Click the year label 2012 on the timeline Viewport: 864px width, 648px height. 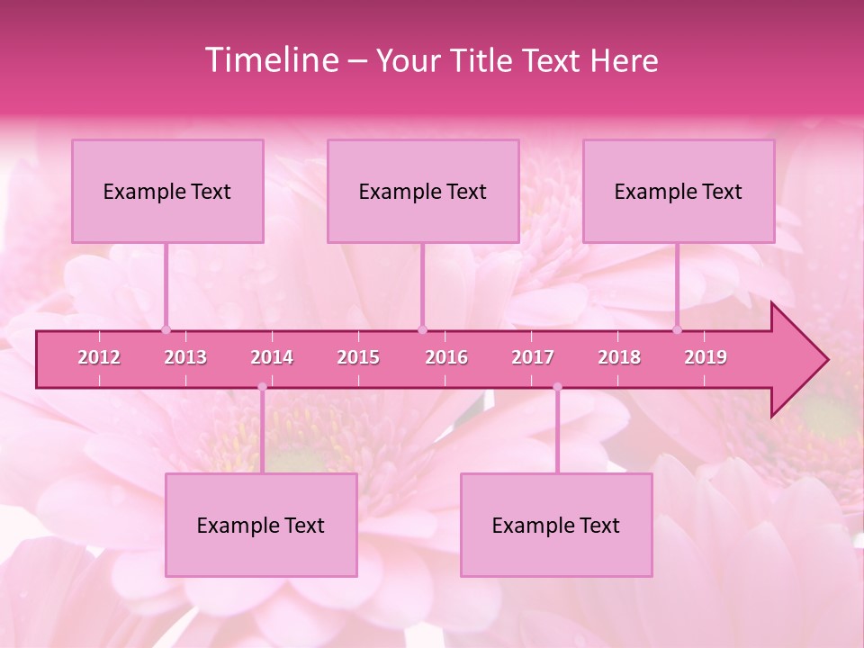tap(99, 357)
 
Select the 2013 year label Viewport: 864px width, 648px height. tap(185, 357)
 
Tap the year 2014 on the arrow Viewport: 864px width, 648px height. tap(272, 357)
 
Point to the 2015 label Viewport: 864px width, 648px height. tap(358, 357)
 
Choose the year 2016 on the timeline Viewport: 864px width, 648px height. tap(446, 357)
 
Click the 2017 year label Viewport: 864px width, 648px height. tap(533, 357)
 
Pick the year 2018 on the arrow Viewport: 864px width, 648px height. tap(619, 357)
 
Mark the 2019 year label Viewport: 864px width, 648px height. tap(706, 357)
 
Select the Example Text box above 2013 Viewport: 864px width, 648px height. tap(167, 191)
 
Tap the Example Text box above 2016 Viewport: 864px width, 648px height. tap(423, 191)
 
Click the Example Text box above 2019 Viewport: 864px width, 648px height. tap(679, 191)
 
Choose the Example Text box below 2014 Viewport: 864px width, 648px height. tap(261, 525)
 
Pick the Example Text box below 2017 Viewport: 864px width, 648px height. tap(556, 525)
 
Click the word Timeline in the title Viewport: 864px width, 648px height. tap(270, 60)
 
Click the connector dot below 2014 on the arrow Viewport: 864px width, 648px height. tap(262, 387)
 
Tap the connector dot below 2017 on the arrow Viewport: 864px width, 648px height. tap(557, 387)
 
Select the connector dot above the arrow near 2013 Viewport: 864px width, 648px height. tap(166, 329)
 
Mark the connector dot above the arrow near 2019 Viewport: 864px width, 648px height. tap(677, 329)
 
